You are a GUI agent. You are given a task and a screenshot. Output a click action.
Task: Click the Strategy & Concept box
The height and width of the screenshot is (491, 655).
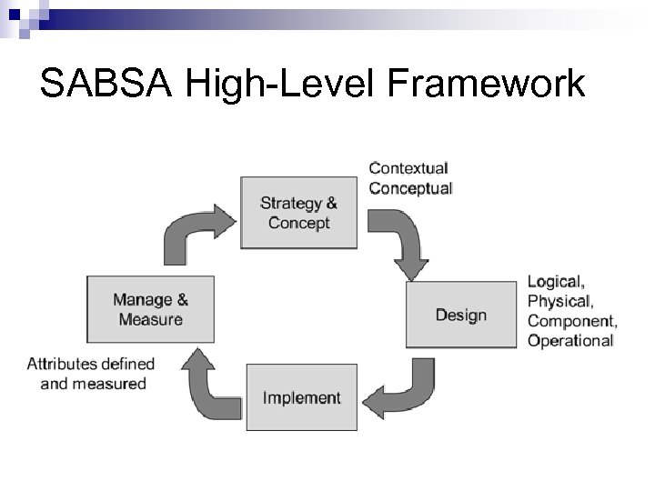pyautogui.click(x=298, y=213)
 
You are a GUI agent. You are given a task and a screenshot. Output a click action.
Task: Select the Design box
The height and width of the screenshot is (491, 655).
pyautogui.click(x=460, y=315)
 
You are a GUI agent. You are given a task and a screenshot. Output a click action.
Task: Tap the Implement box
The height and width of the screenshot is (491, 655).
pyautogui.click(x=301, y=397)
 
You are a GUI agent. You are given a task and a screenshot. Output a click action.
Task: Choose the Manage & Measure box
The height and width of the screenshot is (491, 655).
pyautogui.click(x=150, y=308)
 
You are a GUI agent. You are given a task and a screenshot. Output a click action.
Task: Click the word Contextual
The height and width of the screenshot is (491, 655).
pyautogui.click(x=408, y=168)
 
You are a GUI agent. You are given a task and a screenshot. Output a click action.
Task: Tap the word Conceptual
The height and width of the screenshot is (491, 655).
pyautogui.click(x=410, y=188)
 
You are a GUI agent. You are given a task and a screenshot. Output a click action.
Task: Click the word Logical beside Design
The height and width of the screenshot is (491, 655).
pyautogui.click(x=556, y=281)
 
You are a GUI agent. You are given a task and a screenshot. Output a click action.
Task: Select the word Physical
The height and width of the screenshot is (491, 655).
pyautogui.click(x=559, y=300)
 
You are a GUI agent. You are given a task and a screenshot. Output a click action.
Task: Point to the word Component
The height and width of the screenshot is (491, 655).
pyautogui.click(x=571, y=320)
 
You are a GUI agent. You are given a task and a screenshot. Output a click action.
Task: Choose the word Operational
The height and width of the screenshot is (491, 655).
pyautogui.click(x=570, y=340)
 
